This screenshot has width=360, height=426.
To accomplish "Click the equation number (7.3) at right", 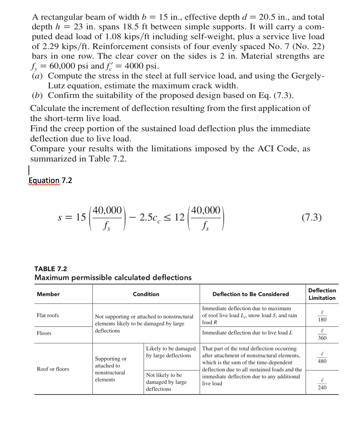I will [311, 217].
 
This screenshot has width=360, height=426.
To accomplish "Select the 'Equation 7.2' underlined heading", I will [50, 181].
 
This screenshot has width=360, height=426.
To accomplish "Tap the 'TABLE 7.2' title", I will [50, 269].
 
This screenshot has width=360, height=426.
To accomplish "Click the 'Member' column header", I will [48, 294].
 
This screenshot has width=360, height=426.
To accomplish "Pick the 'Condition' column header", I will [146, 294].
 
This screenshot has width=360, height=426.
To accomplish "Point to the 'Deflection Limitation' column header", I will [322, 294].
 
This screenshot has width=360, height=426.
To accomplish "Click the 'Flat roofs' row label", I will [48, 315].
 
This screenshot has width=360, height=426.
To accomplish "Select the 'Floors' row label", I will [44, 333].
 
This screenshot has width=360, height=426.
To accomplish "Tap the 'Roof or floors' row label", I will [53, 369].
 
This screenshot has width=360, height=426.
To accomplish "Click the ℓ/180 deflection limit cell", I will [322, 316].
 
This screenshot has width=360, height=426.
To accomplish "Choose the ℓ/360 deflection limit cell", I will [322, 334].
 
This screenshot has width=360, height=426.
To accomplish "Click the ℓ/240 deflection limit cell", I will [322, 384].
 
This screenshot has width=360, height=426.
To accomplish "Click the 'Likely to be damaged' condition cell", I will [171, 352].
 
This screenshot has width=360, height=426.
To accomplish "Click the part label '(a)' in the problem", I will [38, 76].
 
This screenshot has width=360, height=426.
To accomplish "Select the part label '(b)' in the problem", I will [38, 95].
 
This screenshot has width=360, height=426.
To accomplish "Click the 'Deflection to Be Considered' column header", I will [251, 294].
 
